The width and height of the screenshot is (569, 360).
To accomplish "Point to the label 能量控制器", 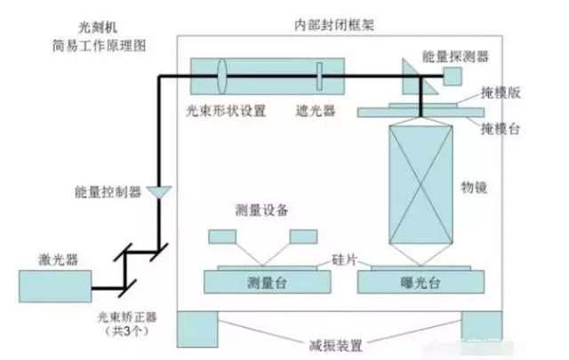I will (x=108, y=192).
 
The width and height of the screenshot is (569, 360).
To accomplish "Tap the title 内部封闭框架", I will (x=329, y=25).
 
